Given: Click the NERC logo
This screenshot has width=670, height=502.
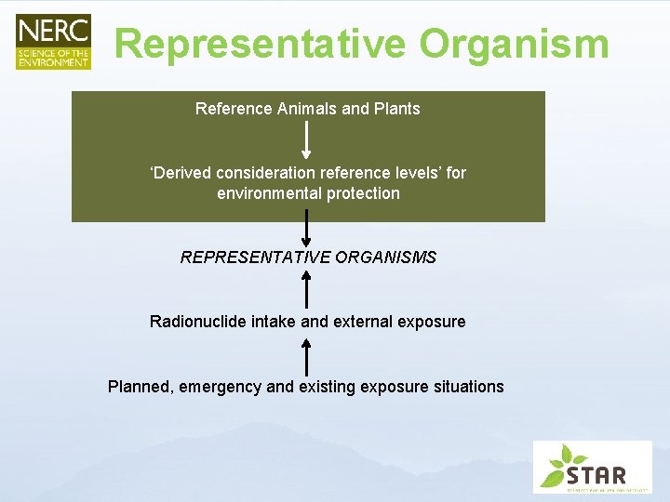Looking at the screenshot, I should tap(53, 42).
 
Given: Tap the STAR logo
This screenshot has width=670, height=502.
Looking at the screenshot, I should tap(592, 467).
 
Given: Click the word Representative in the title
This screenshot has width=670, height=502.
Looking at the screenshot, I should tap(260, 43).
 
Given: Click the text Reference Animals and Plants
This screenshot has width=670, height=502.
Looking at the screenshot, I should tap(307, 109).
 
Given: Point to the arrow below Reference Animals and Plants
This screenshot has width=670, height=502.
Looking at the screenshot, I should tap(307, 139).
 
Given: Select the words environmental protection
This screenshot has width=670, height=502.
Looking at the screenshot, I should tap(308, 193).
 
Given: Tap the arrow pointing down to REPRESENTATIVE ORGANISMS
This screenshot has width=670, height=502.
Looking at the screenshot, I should tap(307, 228).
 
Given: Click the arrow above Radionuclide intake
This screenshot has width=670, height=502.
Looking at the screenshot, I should tap(307, 289).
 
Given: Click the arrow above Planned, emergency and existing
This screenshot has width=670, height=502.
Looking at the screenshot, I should tap(307, 356).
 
